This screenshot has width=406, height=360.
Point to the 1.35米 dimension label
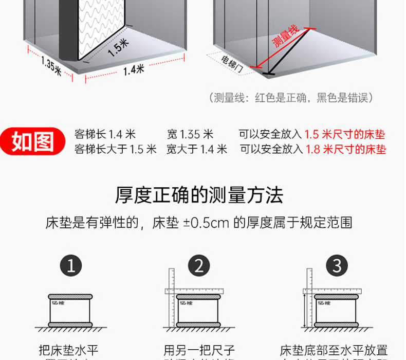51,65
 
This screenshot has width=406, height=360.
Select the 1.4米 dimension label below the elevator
134,69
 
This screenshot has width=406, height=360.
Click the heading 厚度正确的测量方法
199,195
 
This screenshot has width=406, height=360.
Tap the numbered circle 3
337,266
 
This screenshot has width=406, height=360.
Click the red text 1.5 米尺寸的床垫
345,135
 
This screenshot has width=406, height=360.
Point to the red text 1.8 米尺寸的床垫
346,149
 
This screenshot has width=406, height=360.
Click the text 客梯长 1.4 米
105,135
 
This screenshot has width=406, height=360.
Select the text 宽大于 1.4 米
196,149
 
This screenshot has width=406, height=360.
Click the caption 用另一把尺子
199,350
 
